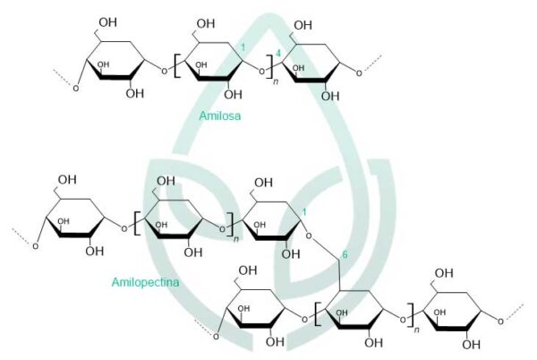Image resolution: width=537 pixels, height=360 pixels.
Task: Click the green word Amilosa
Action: pos(220,116)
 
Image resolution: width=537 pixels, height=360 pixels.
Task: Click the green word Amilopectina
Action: pos(145,282)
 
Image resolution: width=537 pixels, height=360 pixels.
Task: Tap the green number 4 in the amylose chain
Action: pos(278,54)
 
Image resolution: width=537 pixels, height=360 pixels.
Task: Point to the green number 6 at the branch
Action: pos(345,254)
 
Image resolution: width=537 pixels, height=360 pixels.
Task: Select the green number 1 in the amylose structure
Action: pos(243,47)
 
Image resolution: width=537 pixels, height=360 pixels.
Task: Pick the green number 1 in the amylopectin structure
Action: pos(303,212)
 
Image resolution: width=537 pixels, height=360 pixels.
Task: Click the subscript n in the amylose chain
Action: pos(276,82)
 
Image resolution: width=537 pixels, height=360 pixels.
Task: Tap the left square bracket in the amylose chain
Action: pos(176,65)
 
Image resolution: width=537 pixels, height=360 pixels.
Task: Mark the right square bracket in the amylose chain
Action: pos(269,65)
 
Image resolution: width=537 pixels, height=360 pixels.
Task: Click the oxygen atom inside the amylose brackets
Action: pos(261,72)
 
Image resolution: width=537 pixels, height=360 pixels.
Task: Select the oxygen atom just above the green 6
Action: pos(309,236)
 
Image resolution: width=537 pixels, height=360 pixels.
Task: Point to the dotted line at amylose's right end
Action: pos(372,63)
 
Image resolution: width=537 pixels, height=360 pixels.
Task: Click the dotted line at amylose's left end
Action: pos(63,77)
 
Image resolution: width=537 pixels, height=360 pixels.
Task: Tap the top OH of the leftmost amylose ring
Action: pos(108,22)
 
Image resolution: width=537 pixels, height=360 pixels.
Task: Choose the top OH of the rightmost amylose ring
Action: pos(303,25)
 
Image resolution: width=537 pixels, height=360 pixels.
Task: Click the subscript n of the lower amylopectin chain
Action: pos(416,330)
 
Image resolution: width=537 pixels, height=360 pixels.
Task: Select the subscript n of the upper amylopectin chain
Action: pos(236,239)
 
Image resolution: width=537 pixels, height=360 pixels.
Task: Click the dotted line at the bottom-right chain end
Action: pos(514,312)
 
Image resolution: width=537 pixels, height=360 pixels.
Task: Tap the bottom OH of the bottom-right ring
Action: pos(472,345)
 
